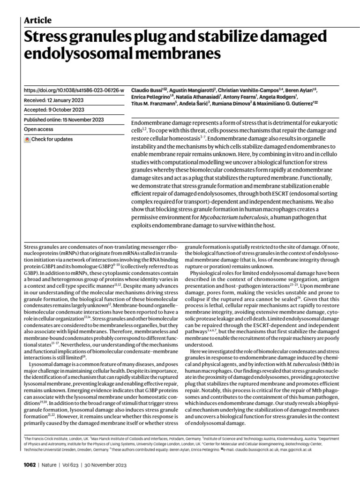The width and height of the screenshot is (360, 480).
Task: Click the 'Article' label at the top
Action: [37, 20]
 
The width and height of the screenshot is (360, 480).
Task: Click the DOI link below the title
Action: [74, 90]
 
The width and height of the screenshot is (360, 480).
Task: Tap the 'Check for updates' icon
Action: [27, 139]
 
